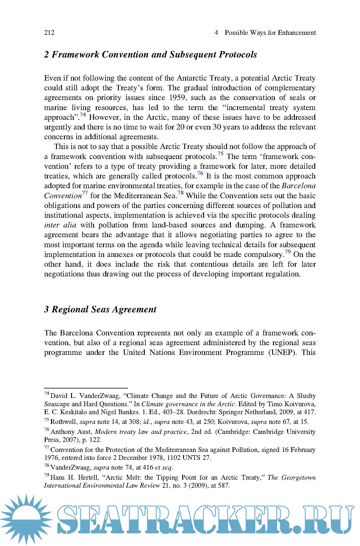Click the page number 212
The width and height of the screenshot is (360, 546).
click(49, 33)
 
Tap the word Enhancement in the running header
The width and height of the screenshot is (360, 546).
click(297, 33)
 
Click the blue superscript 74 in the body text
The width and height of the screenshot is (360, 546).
click(83, 115)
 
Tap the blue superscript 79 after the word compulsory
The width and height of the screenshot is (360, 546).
click(287, 252)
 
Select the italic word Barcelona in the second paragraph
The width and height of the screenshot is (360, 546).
click(298, 186)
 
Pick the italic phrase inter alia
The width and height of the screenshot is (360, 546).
click(60, 225)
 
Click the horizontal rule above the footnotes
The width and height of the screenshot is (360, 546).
click(86, 388)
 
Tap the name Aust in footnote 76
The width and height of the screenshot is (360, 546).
click(84, 432)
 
